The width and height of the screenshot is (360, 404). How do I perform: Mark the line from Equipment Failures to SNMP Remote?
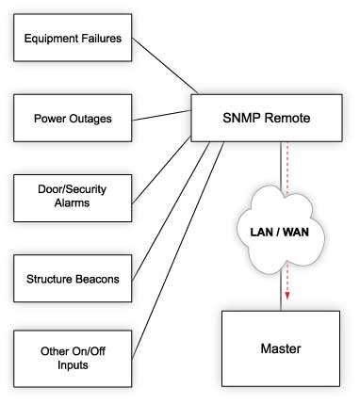point(166,68)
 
